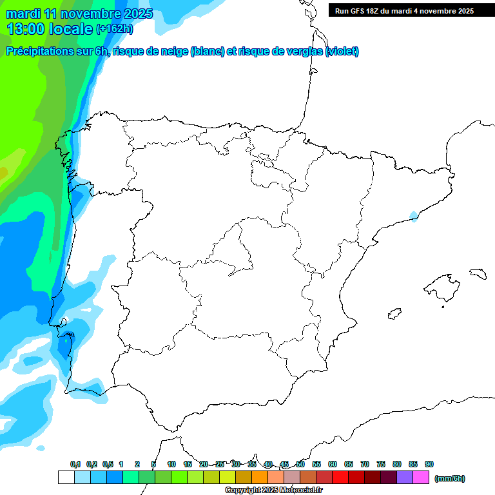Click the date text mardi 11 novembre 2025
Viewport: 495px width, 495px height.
(79, 14)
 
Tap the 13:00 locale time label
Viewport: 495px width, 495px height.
(50, 28)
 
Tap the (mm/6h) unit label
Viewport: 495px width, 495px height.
(449, 478)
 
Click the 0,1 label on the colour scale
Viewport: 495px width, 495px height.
(75, 465)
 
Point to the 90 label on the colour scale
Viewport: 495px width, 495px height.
(429, 465)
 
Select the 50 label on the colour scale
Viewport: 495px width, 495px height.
(300, 465)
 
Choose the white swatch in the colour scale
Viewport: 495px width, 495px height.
(66, 478)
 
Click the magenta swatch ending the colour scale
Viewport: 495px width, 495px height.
(421, 478)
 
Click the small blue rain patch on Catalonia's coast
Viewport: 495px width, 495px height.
(413, 216)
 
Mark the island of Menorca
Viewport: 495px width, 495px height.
(477, 273)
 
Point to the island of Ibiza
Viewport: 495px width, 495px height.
(393, 314)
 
